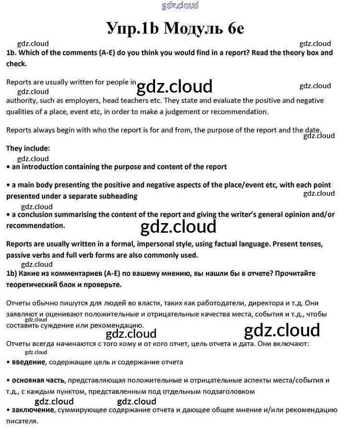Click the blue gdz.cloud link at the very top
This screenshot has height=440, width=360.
click(x=180, y=6)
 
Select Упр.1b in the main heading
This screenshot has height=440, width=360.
click(x=132, y=28)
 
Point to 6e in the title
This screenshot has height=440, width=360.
click(x=233, y=28)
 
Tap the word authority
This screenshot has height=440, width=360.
click(x=22, y=101)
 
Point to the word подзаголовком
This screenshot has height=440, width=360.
click(x=223, y=392)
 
